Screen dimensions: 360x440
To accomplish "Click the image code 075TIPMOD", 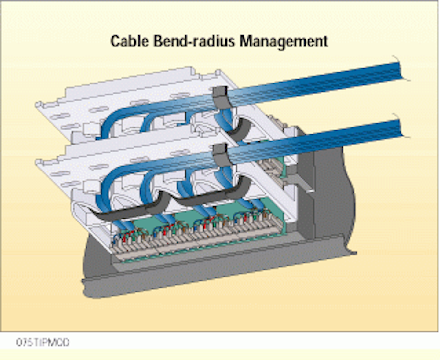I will coord(43,342).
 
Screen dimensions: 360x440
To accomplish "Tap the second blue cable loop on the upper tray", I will coord(147,122).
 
